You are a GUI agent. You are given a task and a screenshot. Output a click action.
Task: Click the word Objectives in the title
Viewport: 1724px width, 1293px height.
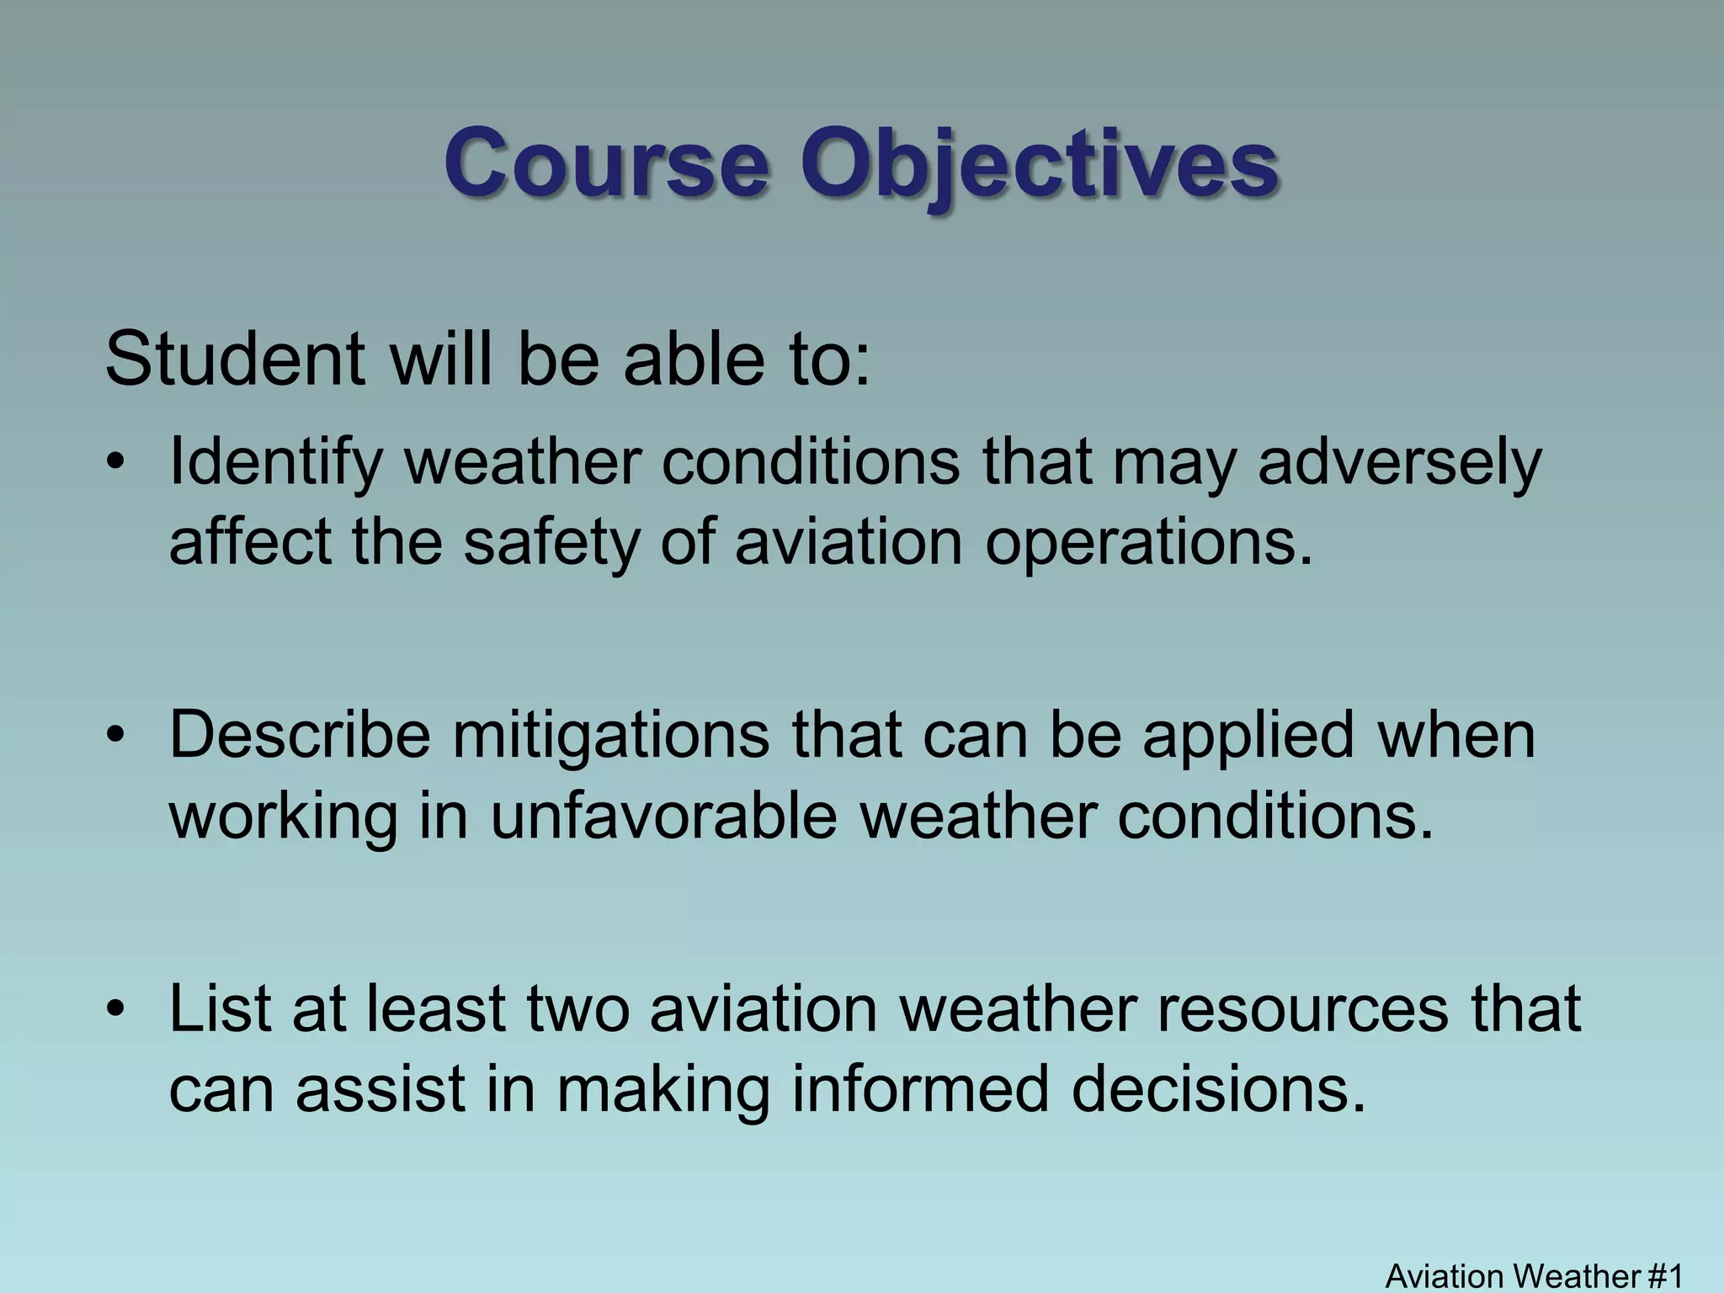pos(1040,162)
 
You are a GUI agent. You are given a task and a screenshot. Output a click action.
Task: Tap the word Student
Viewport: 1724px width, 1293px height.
pos(235,359)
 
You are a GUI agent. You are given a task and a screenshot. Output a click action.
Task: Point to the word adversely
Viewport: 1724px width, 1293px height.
pos(1399,463)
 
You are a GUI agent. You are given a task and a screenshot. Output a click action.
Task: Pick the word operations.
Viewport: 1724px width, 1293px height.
pos(1148,543)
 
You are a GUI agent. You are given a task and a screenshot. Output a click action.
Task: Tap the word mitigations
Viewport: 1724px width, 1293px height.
pos(611,735)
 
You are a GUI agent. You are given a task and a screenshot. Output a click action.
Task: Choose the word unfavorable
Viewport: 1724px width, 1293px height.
pos(664,816)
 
